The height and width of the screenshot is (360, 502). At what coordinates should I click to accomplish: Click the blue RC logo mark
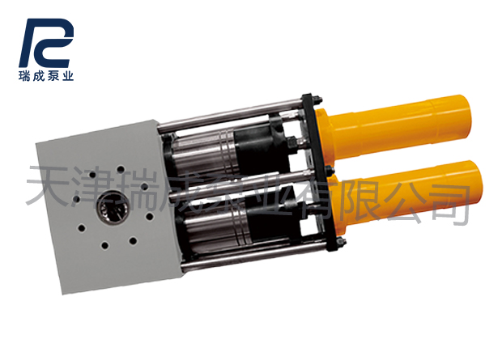click(46, 43)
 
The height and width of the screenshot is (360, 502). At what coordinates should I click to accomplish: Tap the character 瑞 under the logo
click(24, 76)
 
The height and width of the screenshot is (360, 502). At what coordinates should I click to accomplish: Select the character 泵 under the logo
click(53, 76)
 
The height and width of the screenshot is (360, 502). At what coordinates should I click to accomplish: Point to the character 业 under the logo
click(68, 76)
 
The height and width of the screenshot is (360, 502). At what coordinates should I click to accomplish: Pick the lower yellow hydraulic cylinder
click(406, 193)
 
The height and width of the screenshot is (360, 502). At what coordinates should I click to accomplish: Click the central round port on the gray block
click(113, 206)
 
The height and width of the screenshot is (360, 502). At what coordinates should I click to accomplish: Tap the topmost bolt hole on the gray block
click(121, 169)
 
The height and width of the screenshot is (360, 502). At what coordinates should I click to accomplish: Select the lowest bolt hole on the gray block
click(104, 246)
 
